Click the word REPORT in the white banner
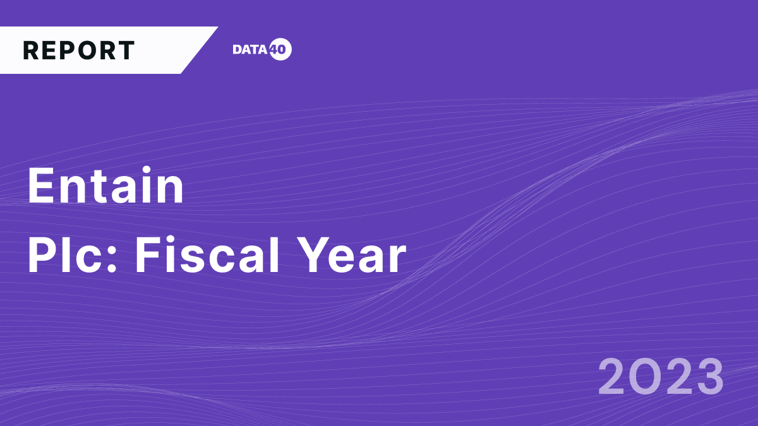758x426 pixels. (79, 50)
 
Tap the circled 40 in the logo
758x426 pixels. (280, 50)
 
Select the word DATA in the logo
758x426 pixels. (251, 50)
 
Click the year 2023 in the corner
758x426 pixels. (661, 377)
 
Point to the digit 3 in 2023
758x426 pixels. (708, 377)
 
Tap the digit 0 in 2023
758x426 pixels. (644, 377)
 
